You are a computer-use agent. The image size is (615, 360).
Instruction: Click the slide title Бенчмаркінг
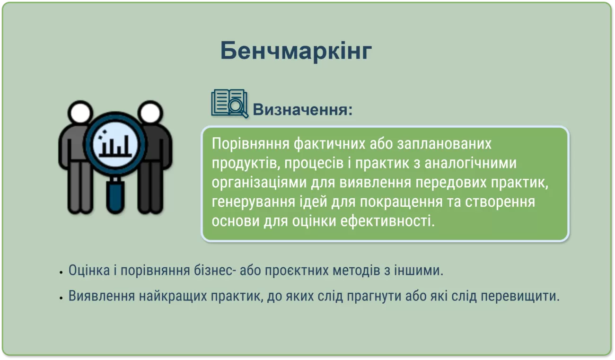[x=296, y=51]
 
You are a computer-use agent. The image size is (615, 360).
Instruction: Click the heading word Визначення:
[x=303, y=110]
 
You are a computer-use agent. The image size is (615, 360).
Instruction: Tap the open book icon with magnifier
[x=229, y=104]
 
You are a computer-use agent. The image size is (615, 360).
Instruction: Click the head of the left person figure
[x=80, y=112]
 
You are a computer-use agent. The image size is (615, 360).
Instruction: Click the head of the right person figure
[x=150, y=112]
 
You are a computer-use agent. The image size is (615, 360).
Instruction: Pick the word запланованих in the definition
[x=444, y=144]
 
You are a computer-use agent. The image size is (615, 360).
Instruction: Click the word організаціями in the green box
[x=259, y=183]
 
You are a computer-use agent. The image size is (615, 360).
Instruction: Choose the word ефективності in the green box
[x=387, y=221]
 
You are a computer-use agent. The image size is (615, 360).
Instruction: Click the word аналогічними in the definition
[x=471, y=163]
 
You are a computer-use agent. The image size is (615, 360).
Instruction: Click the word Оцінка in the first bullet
[x=89, y=270]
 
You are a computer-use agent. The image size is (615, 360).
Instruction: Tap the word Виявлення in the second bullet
[x=102, y=296]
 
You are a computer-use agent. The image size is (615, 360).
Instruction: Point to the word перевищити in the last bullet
[x=520, y=296]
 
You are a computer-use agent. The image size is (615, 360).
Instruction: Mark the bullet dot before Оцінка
[x=61, y=272]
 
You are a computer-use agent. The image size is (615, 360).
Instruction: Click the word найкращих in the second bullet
[x=173, y=296]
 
